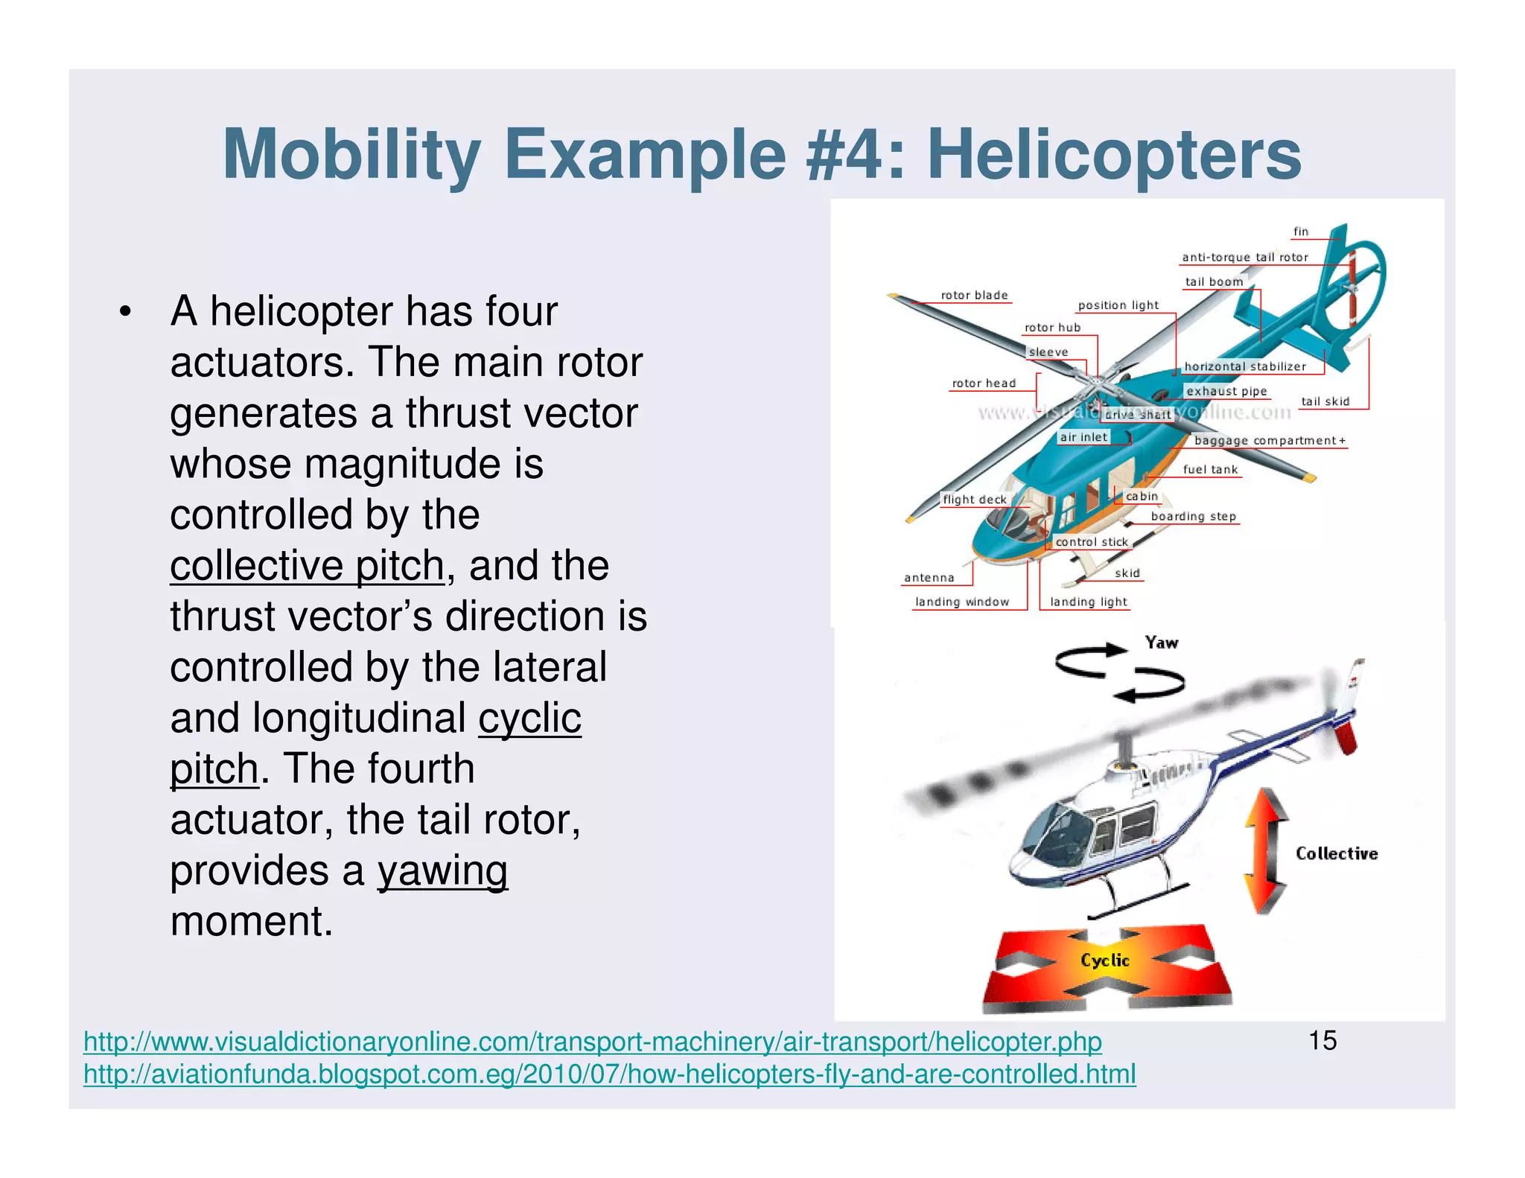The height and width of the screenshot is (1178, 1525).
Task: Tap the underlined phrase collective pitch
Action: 307,566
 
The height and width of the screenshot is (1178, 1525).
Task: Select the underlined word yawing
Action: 442,870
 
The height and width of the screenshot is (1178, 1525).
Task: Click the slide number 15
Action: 1322,1040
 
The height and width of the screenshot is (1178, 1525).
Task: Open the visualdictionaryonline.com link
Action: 592,1042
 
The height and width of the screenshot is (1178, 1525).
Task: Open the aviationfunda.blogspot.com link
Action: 609,1074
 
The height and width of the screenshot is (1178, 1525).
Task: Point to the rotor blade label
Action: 974,296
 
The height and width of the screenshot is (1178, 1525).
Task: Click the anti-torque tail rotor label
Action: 1245,258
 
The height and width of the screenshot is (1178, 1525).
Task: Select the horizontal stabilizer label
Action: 1245,366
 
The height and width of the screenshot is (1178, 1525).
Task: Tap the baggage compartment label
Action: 1269,441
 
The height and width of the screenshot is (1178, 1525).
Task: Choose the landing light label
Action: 1088,602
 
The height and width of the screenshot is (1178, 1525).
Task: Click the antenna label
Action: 929,578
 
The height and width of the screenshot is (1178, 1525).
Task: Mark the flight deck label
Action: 974,500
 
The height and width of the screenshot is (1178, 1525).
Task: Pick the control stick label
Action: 1092,542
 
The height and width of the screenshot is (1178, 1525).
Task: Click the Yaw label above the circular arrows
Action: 1161,643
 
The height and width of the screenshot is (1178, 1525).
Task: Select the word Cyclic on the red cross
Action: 1104,961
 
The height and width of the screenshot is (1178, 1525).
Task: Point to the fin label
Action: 1300,232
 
